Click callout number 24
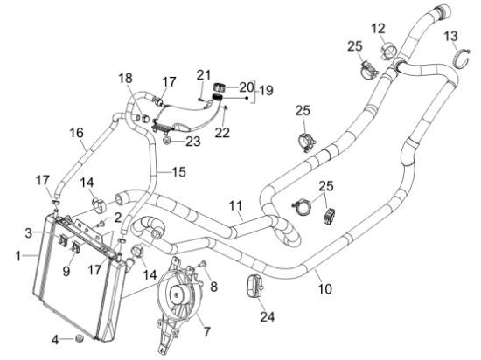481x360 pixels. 268,316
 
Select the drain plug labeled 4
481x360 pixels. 80,338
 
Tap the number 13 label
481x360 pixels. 451,36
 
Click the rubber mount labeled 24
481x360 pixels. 254,286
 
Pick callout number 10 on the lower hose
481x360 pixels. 324,288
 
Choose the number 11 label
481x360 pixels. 235,206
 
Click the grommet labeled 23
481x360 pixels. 167,142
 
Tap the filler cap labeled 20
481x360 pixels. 219,87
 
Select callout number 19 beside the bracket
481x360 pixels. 266,91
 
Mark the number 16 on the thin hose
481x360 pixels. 76,133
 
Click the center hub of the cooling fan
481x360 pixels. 176,295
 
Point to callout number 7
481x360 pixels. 207,331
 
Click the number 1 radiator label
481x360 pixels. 18,255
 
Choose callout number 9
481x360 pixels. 66,271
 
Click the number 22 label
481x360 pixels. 222,133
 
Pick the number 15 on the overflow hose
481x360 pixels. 178,172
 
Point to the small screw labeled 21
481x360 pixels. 200,99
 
